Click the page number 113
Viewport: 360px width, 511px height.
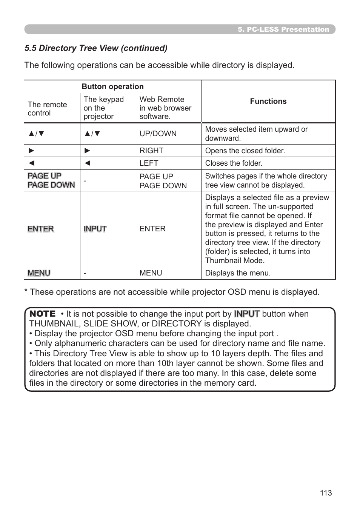tap(326, 493)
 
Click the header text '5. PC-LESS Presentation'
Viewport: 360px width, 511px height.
tap(283, 29)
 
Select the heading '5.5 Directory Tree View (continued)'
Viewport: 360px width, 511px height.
tap(96, 48)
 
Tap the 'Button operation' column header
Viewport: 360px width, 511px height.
tap(112, 86)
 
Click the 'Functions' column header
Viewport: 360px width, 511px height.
tap(268, 101)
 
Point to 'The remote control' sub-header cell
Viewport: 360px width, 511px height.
tap(47, 109)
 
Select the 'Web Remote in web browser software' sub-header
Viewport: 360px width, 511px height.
tap(165, 108)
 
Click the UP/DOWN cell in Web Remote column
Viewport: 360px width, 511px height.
tap(158, 134)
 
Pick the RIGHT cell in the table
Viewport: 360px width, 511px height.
tap(151, 151)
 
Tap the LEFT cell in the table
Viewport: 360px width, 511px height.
tap(149, 163)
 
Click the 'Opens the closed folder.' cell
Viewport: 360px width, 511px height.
tap(245, 151)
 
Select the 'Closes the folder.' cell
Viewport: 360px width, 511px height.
tap(234, 163)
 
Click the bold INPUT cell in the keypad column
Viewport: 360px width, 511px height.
tap(95, 229)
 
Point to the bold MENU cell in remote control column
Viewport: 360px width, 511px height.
tap(39, 273)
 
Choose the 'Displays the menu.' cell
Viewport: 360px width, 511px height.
tap(238, 273)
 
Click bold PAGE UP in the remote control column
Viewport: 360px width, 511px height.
tap(45, 176)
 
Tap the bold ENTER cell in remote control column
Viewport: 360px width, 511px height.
tap(41, 229)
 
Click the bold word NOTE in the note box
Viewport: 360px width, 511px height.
tap(42, 314)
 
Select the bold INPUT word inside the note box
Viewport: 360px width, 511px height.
tap(247, 314)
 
